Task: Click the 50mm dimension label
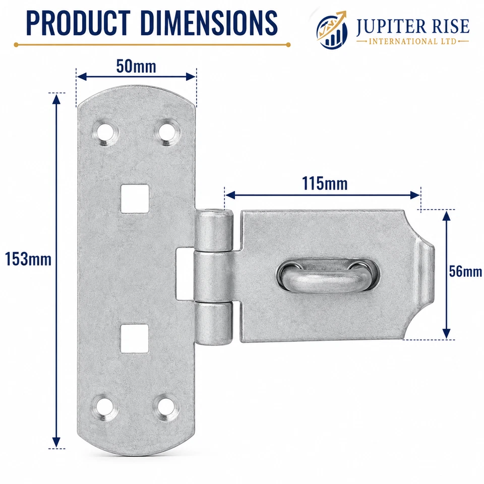coord(136,67)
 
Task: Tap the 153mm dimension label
coord(28,259)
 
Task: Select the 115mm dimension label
coord(324,184)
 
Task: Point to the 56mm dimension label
coord(465,271)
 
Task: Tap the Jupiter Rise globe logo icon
coord(332,30)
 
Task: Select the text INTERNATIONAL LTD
coord(412,41)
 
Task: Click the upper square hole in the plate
coord(135,199)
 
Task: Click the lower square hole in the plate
coord(135,338)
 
